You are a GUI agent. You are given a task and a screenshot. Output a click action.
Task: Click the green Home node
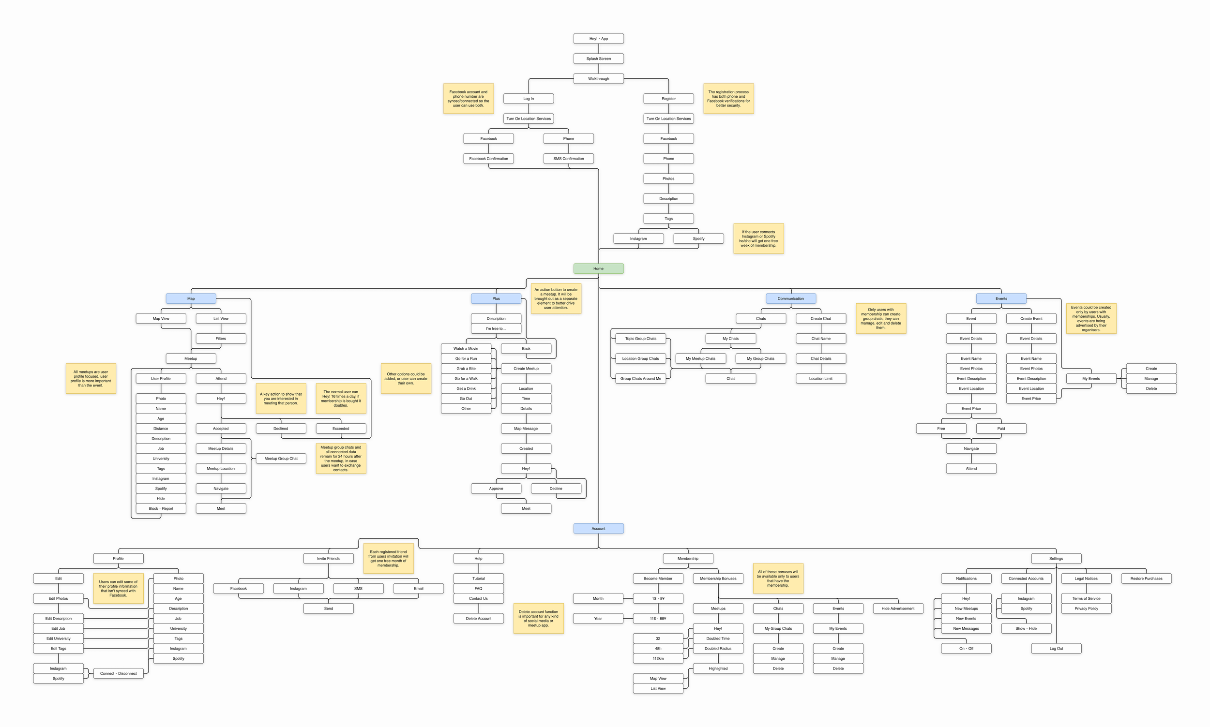pyautogui.click(x=598, y=268)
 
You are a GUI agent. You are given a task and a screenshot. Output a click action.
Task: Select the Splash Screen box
pyautogui.click(x=598, y=59)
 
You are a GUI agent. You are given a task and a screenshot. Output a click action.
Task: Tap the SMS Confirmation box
pyautogui.click(x=569, y=159)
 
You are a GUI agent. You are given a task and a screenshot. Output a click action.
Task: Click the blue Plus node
pyautogui.click(x=496, y=298)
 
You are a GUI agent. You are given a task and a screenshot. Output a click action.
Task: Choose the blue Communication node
pyautogui.click(x=790, y=298)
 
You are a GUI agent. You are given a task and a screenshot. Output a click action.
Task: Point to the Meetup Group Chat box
pyautogui.click(x=281, y=459)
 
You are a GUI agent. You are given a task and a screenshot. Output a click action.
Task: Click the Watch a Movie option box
pyautogui.click(x=466, y=348)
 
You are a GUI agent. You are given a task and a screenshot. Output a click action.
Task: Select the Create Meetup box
pyautogui.click(x=526, y=369)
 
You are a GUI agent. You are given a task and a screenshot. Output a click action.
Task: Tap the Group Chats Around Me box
pyautogui.click(x=640, y=379)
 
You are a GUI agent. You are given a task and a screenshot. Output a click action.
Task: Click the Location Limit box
pyautogui.click(x=821, y=379)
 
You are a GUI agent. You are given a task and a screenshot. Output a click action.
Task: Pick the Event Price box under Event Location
pyautogui.click(x=971, y=409)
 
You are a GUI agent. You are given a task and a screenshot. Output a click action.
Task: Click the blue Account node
pyautogui.click(x=598, y=529)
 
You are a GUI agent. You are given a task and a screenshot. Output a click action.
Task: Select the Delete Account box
pyautogui.click(x=478, y=619)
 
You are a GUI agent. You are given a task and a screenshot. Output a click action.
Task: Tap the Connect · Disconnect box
pyautogui.click(x=118, y=674)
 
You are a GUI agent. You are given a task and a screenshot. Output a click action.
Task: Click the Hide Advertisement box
pyautogui.click(x=898, y=608)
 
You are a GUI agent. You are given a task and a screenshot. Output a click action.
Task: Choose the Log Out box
pyautogui.click(x=1056, y=649)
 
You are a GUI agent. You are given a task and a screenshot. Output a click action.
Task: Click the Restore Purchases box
pyautogui.click(x=1146, y=579)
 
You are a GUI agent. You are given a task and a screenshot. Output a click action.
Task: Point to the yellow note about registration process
pyautogui.click(x=728, y=99)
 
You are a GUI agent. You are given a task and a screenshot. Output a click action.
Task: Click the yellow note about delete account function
pyautogui.click(x=538, y=618)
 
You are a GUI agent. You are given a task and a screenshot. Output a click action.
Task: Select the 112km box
pyautogui.click(x=658, y=658)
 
